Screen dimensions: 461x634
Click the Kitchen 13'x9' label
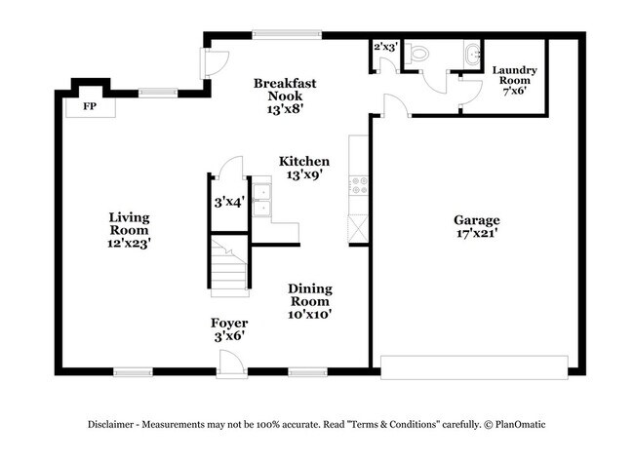(x=303, y=168)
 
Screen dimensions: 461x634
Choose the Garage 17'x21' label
(x=476, y=227)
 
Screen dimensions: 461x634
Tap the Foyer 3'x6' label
(x=229, y=328)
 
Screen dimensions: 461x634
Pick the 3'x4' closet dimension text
(x=228, y=203)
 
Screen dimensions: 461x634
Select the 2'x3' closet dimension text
(x=385, y=47)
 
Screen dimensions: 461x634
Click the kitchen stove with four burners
(x=357, y=182)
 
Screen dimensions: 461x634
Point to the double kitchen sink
(x=260, y=199)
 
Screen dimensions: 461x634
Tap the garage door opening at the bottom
(x=473, y=367)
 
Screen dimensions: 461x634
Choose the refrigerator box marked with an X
(x=357, y=228)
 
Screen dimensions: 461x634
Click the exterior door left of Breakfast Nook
(x=207, y=62)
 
